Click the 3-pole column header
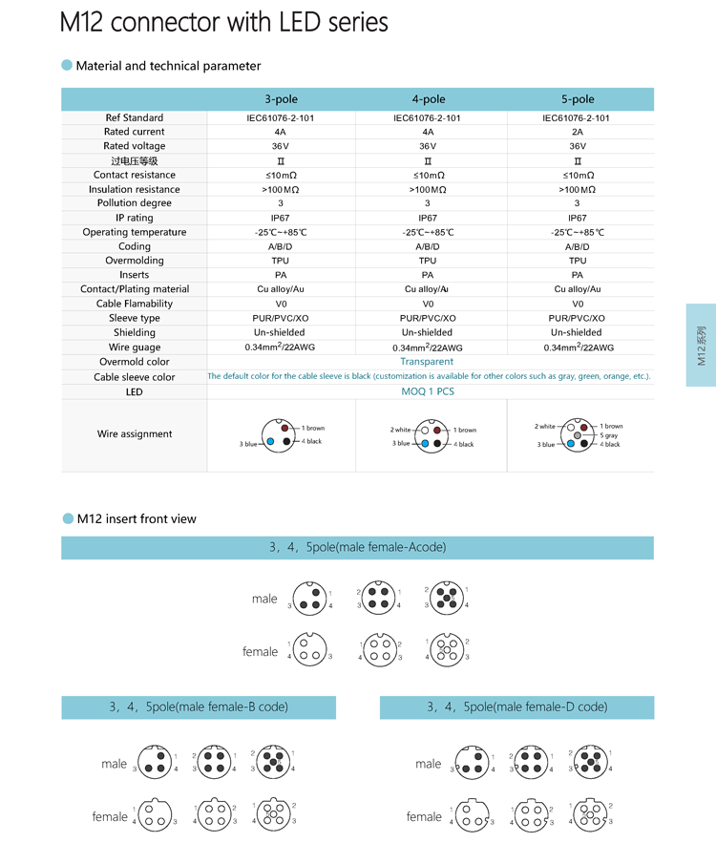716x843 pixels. click(x=281, y=99)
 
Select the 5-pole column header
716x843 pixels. click(x=578, y=99)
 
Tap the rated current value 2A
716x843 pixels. click(x=578, y=132)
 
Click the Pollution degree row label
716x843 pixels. click(x=135, y=203)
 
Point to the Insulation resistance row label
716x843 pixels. click(x=135, y=189)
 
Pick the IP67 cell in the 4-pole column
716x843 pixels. click(x=428, y=218)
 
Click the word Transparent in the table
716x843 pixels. click(x=427, y=362)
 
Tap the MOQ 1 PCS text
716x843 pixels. click(x=427, y=391)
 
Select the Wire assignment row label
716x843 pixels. click(x=135, y=434)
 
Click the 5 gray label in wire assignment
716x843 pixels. click(x=608, y=435)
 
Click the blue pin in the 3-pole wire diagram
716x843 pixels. click(x=271, y=442)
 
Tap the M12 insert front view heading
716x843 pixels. click(x=137, y=519)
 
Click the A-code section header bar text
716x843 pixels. click(x=357, y=548)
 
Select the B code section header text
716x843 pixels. click(x=198, y=707)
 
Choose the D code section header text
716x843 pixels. click(x=516, y=707)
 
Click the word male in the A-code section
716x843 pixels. click(x=264, y=599)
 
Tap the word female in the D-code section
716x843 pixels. click(x=424, y=816)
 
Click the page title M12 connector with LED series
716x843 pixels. click(x=224, y=23)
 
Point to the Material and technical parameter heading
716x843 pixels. click(x=168, y=66)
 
